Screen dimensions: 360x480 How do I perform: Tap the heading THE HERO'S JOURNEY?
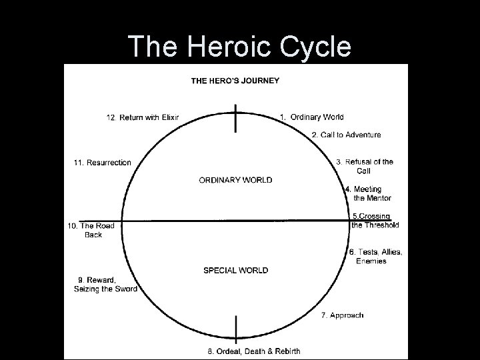(235, 81)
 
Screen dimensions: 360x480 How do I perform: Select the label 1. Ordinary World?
(311, 117)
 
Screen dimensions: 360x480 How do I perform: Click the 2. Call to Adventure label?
(346, 135)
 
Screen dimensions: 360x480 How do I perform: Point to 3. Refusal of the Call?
(365, 166)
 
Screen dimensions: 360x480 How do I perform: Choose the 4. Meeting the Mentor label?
(369, 193)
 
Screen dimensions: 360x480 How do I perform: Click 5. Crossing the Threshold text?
(374, 221)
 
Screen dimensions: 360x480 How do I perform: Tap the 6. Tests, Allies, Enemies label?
(375, 256)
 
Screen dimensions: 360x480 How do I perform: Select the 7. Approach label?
(342, 315)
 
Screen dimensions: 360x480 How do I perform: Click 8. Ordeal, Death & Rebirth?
(253, 351)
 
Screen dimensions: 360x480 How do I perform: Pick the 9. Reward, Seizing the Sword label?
(105, 284)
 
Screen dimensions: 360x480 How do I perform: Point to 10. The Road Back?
(91, 230)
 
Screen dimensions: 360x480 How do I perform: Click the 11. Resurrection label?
(102, 163)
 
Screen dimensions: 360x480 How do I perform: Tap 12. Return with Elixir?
(143, 118)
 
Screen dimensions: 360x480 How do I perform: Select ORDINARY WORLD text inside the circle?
(235, 180)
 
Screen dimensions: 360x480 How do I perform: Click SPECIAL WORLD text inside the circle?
(235, 270)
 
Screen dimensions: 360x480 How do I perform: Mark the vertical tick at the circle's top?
(235, 119)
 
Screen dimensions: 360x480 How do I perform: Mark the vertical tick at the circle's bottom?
(236, 329)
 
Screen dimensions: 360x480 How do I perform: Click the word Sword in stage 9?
(125, 289)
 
